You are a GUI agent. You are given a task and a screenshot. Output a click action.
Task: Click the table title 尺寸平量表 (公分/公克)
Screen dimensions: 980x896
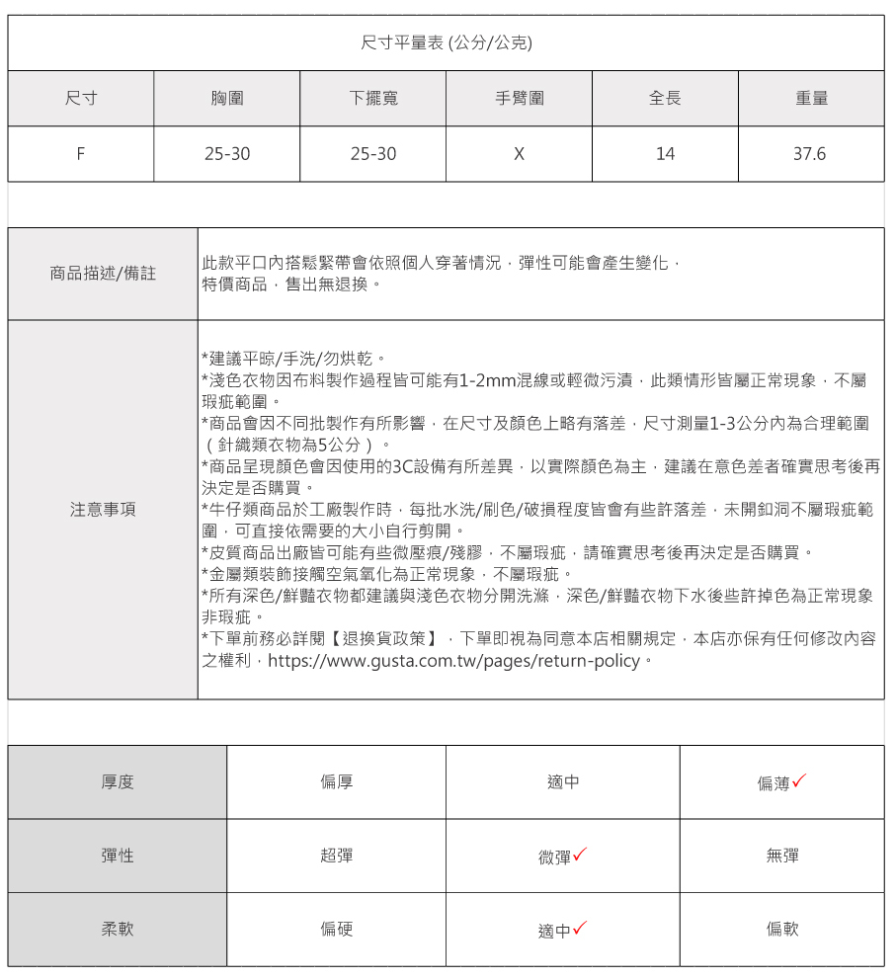click(x=447, y=42)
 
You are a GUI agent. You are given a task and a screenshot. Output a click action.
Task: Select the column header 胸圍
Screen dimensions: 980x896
click(x=227, y=98)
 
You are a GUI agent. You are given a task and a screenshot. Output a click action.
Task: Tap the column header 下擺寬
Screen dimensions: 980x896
click(x=373, y=98)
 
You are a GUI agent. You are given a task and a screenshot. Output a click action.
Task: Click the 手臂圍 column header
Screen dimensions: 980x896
click(x=519, y=98)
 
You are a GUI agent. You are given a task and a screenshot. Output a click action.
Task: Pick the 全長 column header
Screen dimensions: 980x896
click(x=665, y=98)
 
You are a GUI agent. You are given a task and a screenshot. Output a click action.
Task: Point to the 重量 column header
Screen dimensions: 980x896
click(x=811, y=98)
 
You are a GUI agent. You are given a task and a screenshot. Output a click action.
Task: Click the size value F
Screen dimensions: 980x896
click(x=80, y=154)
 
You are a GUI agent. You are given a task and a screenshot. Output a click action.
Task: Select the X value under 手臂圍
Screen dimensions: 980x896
click(x=519, y=154)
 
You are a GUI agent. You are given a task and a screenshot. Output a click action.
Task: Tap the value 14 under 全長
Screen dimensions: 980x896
click(x=665, y=154)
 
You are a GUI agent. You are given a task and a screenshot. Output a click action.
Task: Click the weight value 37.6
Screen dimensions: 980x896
click(x=809, y=154)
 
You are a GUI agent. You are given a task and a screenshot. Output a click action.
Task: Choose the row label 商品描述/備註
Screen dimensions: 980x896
click(x=103, y=273)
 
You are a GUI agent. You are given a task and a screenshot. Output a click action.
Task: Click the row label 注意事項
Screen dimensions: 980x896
click(x=103, y=510)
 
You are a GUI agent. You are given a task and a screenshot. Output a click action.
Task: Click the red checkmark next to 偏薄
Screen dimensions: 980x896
click(x=799, y=780)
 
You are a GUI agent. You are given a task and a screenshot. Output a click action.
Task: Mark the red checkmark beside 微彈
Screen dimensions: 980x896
click(x=580, y=855)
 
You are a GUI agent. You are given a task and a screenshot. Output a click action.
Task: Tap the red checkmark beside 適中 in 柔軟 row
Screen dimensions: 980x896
click(x=580, y=928)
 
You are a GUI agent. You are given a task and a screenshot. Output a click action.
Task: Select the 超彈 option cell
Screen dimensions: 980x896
click(x=336, y=856)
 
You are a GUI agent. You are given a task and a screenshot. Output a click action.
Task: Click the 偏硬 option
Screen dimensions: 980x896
click(x=336, y=930)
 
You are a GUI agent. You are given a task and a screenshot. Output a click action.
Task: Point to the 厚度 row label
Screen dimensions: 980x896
click(x=118, y=782)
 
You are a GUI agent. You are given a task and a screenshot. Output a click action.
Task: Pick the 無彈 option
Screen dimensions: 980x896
click(x=782, y=856)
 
